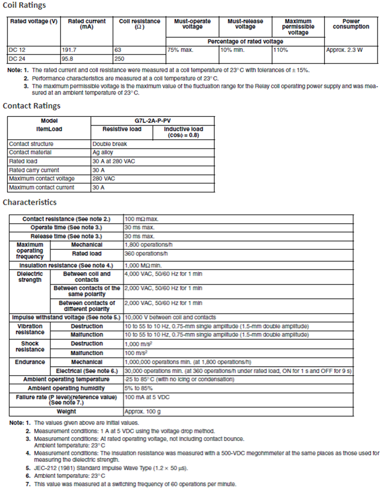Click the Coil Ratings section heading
pyautogui.click(x=25, y=5)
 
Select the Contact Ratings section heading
pyautogui.click(x=32, y=106)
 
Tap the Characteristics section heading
pyautogui.click(x=30, y=202)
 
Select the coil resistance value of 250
pyautogui.click(x=125, y=59)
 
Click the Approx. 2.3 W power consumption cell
pyautogui.click(x=345, y=50)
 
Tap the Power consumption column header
pyautogui.click(x=351, y=24)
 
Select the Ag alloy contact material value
pyautogui.click(x=103, y=153)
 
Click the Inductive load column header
pyautogui.click(x=183, y=132)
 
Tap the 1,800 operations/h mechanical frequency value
pyautogui.click(x=146, y=245)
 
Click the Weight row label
pyautogui.click(x=66, y=411)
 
